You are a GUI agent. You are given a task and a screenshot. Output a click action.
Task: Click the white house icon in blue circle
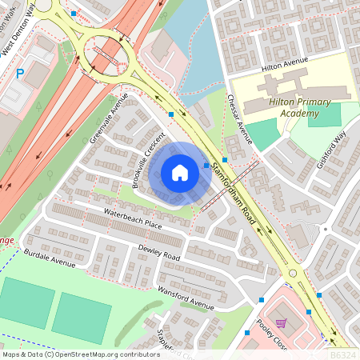[180, 172]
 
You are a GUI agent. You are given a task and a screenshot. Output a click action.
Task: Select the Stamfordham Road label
[238, 191]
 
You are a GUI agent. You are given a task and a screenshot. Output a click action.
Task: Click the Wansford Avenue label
[186, 297]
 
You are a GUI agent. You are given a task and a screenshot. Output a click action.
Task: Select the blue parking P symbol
[20, 73]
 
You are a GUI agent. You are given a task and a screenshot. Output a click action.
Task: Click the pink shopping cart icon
[280, 324]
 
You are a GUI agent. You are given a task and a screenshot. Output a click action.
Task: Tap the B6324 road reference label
[342, 354]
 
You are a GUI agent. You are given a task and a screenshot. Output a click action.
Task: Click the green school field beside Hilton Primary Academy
[324, 114]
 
